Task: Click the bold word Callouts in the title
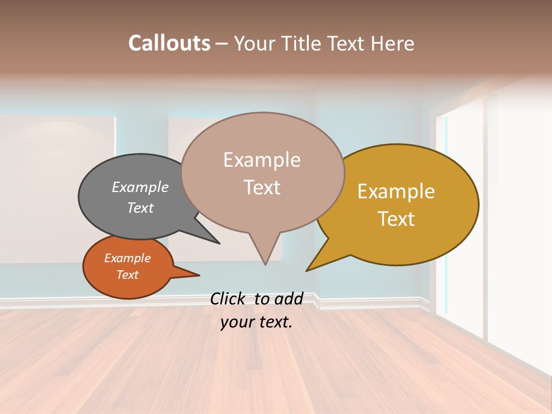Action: [169, 43]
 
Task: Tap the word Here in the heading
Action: [392, 43]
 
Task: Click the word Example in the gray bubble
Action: [140, 187]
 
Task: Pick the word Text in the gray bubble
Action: [140, 208]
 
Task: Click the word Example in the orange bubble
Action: [127, 258]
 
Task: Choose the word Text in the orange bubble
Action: [127, 275]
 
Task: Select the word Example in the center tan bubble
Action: [262, 160]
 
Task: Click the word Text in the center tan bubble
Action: [262, 187]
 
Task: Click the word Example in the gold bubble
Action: [396, 191]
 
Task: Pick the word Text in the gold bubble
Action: [396, 219]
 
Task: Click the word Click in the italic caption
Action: [228, 299]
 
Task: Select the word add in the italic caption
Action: [289, 299]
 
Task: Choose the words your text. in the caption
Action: [256, 322]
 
